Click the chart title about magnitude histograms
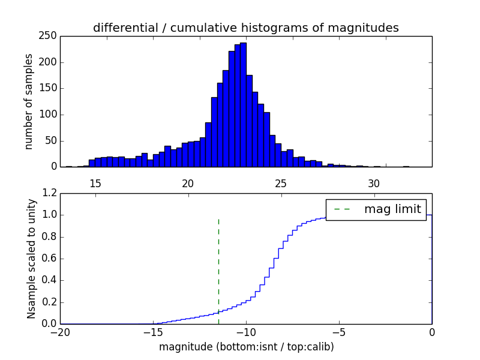click(x=245, y=28)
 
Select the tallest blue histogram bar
click(x=243, y=104)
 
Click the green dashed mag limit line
click(x=218, y=264)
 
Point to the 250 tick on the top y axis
click(x=50, y=36)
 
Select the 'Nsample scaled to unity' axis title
click(x=31, y=258)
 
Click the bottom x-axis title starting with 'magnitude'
click(x=246, y=347)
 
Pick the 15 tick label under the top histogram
click(x=95, y=184)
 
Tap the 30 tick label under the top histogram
click(x=374, y=184)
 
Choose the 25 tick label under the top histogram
click(x=281, y=184)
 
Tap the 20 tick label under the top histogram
click(x=188, y=184)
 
